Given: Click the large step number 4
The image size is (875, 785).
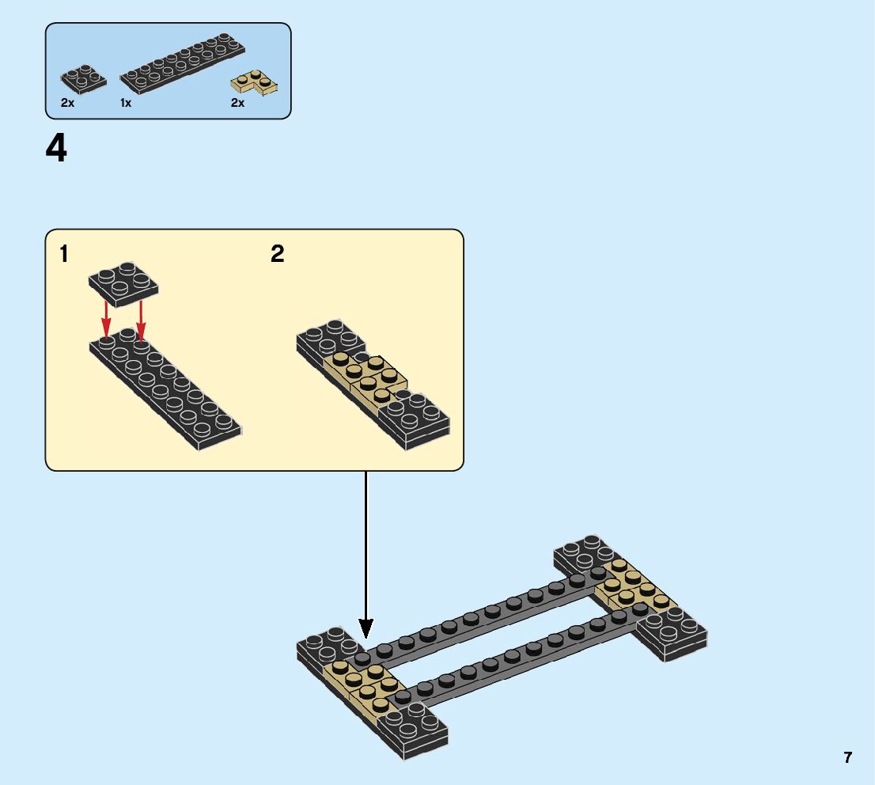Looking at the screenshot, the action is [57, 149].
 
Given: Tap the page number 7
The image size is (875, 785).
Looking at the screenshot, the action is [847, 757].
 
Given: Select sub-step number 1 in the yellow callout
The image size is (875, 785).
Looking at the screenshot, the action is [64, 254].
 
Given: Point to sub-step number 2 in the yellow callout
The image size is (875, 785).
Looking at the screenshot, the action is [277, 254].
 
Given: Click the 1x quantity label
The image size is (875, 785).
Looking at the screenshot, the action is [126, 103].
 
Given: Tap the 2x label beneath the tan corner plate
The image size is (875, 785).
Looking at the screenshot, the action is [237, 103].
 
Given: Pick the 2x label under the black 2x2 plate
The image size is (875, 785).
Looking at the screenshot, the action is [68, 103].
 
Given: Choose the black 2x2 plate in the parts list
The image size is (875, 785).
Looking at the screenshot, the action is [83, 79].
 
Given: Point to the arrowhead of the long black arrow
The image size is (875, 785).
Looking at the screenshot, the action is [366, 628].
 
